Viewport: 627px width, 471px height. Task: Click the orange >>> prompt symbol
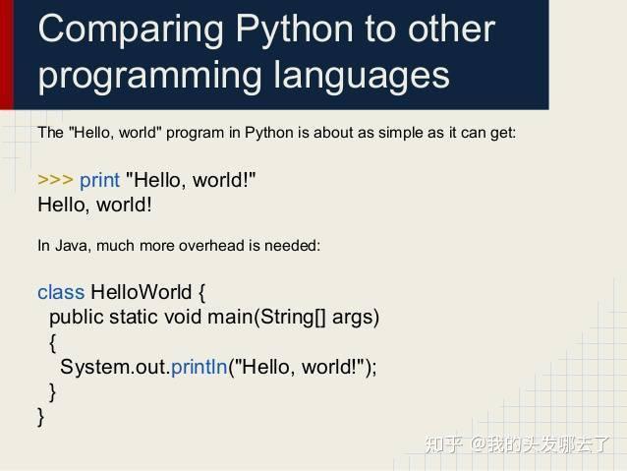point(55,180)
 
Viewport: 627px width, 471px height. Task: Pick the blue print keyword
point(99,180)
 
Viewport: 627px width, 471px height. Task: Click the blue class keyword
point(61,292)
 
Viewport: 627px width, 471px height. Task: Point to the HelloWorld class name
point(141,292)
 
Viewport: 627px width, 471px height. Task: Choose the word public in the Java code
point(77,317)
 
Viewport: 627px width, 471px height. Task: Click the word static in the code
point(133,317)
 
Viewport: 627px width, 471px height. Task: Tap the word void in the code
point(183,317)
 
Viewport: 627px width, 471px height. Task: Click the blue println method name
point(199,367)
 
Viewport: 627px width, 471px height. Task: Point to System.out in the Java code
point(112,367)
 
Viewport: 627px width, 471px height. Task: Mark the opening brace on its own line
point(53,342)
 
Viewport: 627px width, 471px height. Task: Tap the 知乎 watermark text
point(443,444)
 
